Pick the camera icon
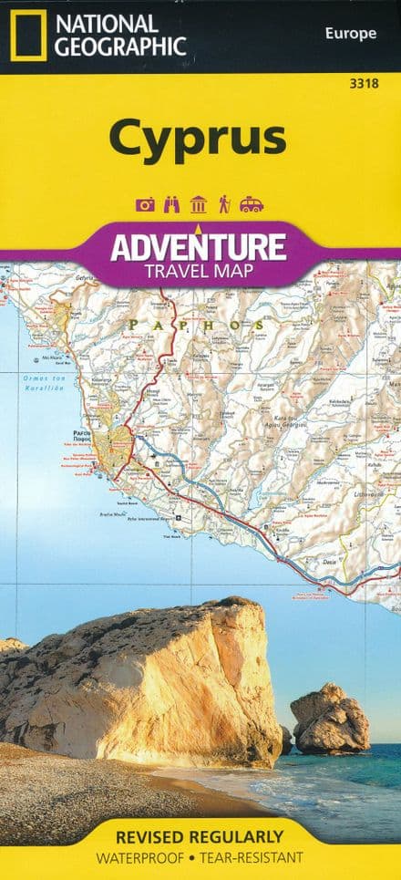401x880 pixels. coord(145,205)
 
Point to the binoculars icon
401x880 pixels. coord(170,205)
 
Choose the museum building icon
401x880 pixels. coord(198,205)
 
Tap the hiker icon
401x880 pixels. coord(224,205)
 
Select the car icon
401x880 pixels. coord(252,205)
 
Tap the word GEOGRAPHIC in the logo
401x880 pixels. coord(121,47)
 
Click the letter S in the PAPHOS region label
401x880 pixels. coord(262,325)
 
